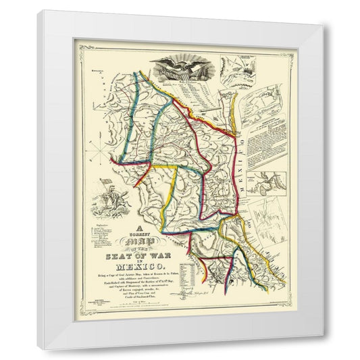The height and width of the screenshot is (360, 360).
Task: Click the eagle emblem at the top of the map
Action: (x=176, y=68)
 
